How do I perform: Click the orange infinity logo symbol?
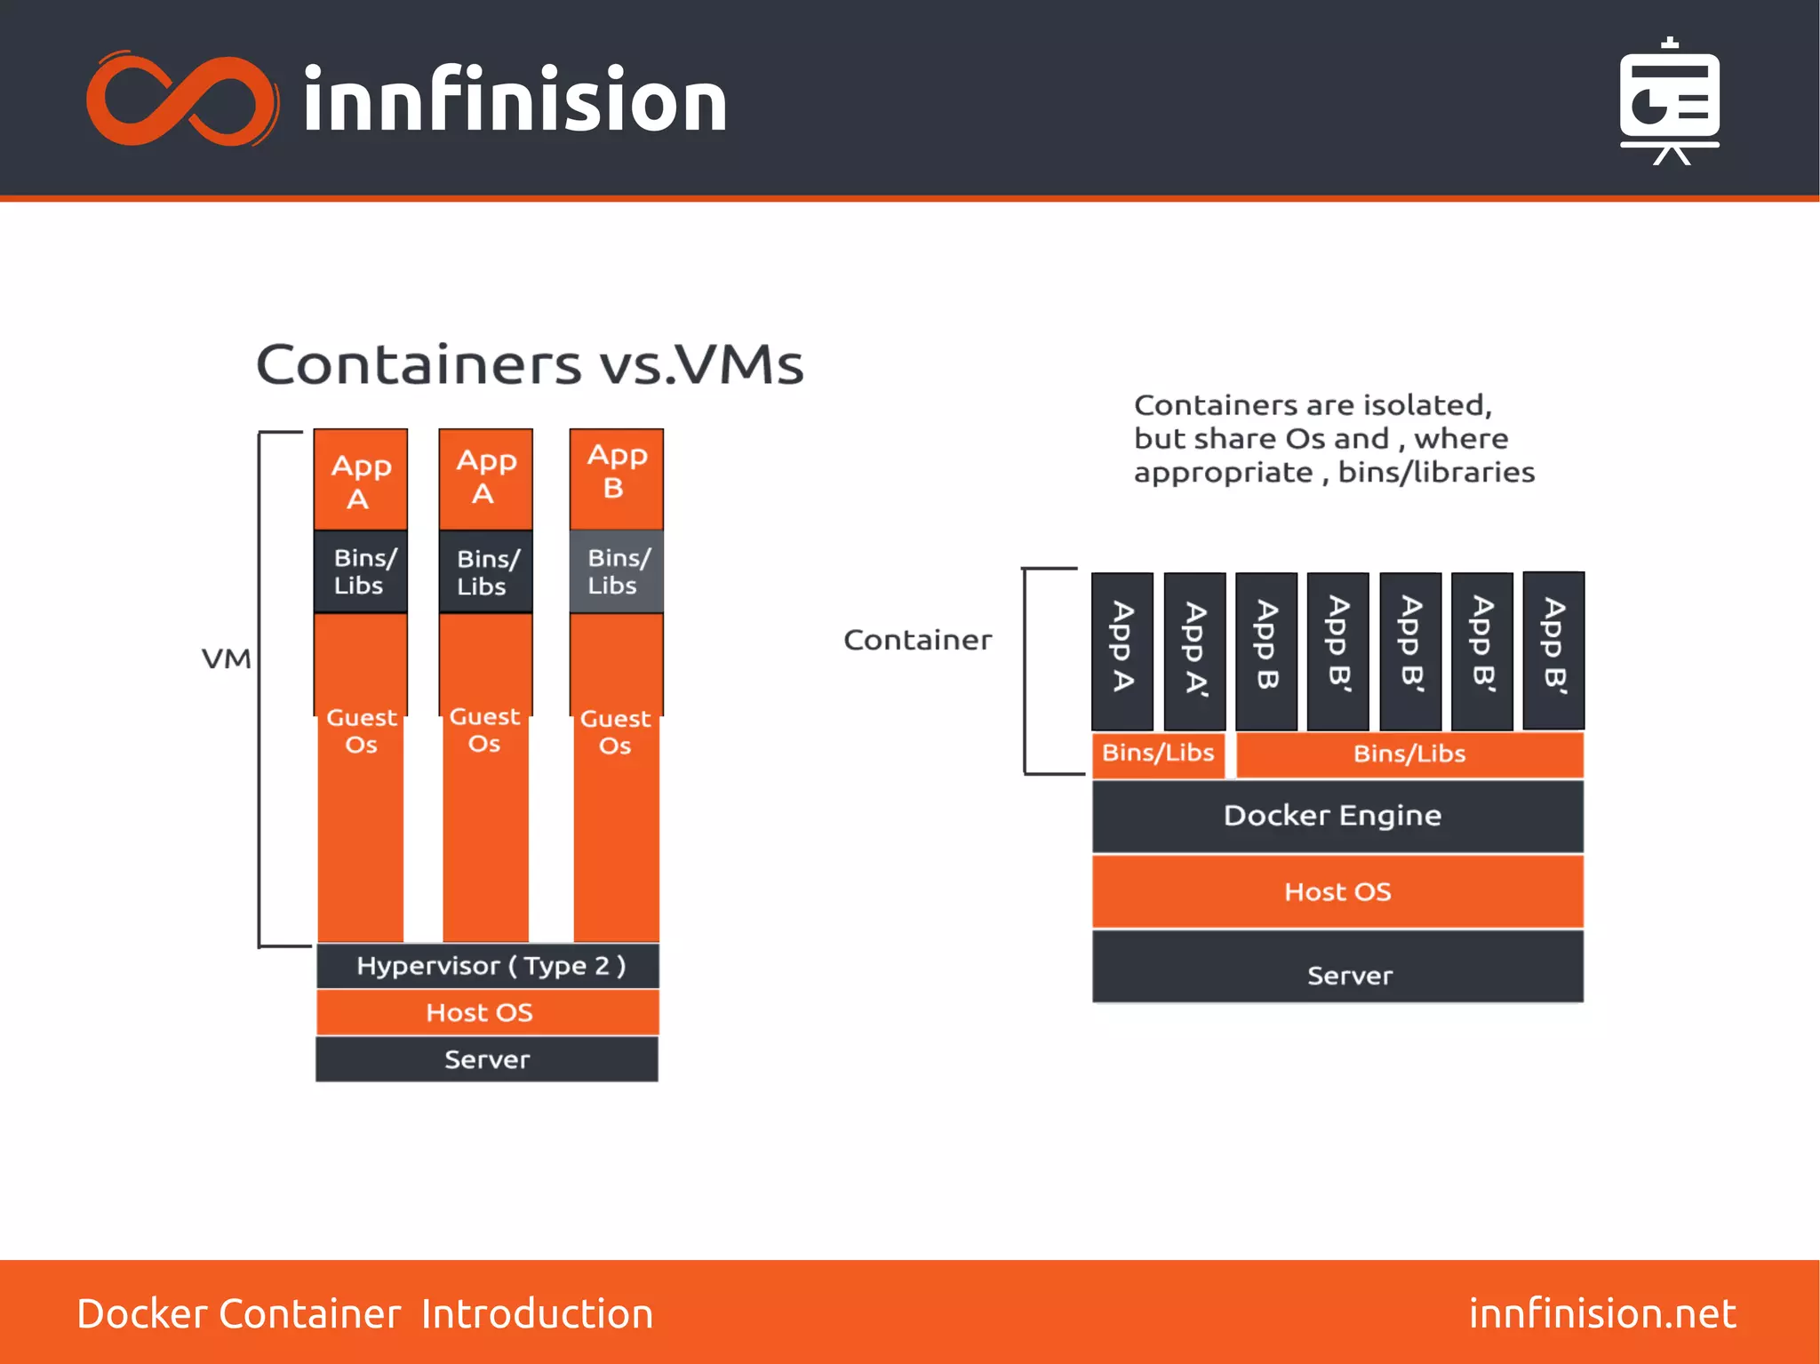[182, 99]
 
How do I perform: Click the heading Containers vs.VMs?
[530, 364]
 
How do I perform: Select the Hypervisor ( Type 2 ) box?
[488, 966]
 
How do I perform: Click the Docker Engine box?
[1337, 816]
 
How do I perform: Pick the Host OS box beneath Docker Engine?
[1337, 891]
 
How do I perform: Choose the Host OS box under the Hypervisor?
[488, 1012]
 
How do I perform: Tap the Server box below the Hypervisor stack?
[487, 1059]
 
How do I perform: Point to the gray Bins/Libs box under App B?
[616, 571]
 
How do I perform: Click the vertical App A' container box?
[1194, 650]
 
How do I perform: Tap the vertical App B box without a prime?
[1266, 650]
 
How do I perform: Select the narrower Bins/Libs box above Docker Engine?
[1158, 754]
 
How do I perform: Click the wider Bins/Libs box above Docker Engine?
[1409, 754]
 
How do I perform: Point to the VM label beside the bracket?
[227, 659]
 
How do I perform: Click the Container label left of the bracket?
[917, 640]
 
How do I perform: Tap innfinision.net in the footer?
[1601, 1313]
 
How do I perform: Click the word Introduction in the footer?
[538, 1313]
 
